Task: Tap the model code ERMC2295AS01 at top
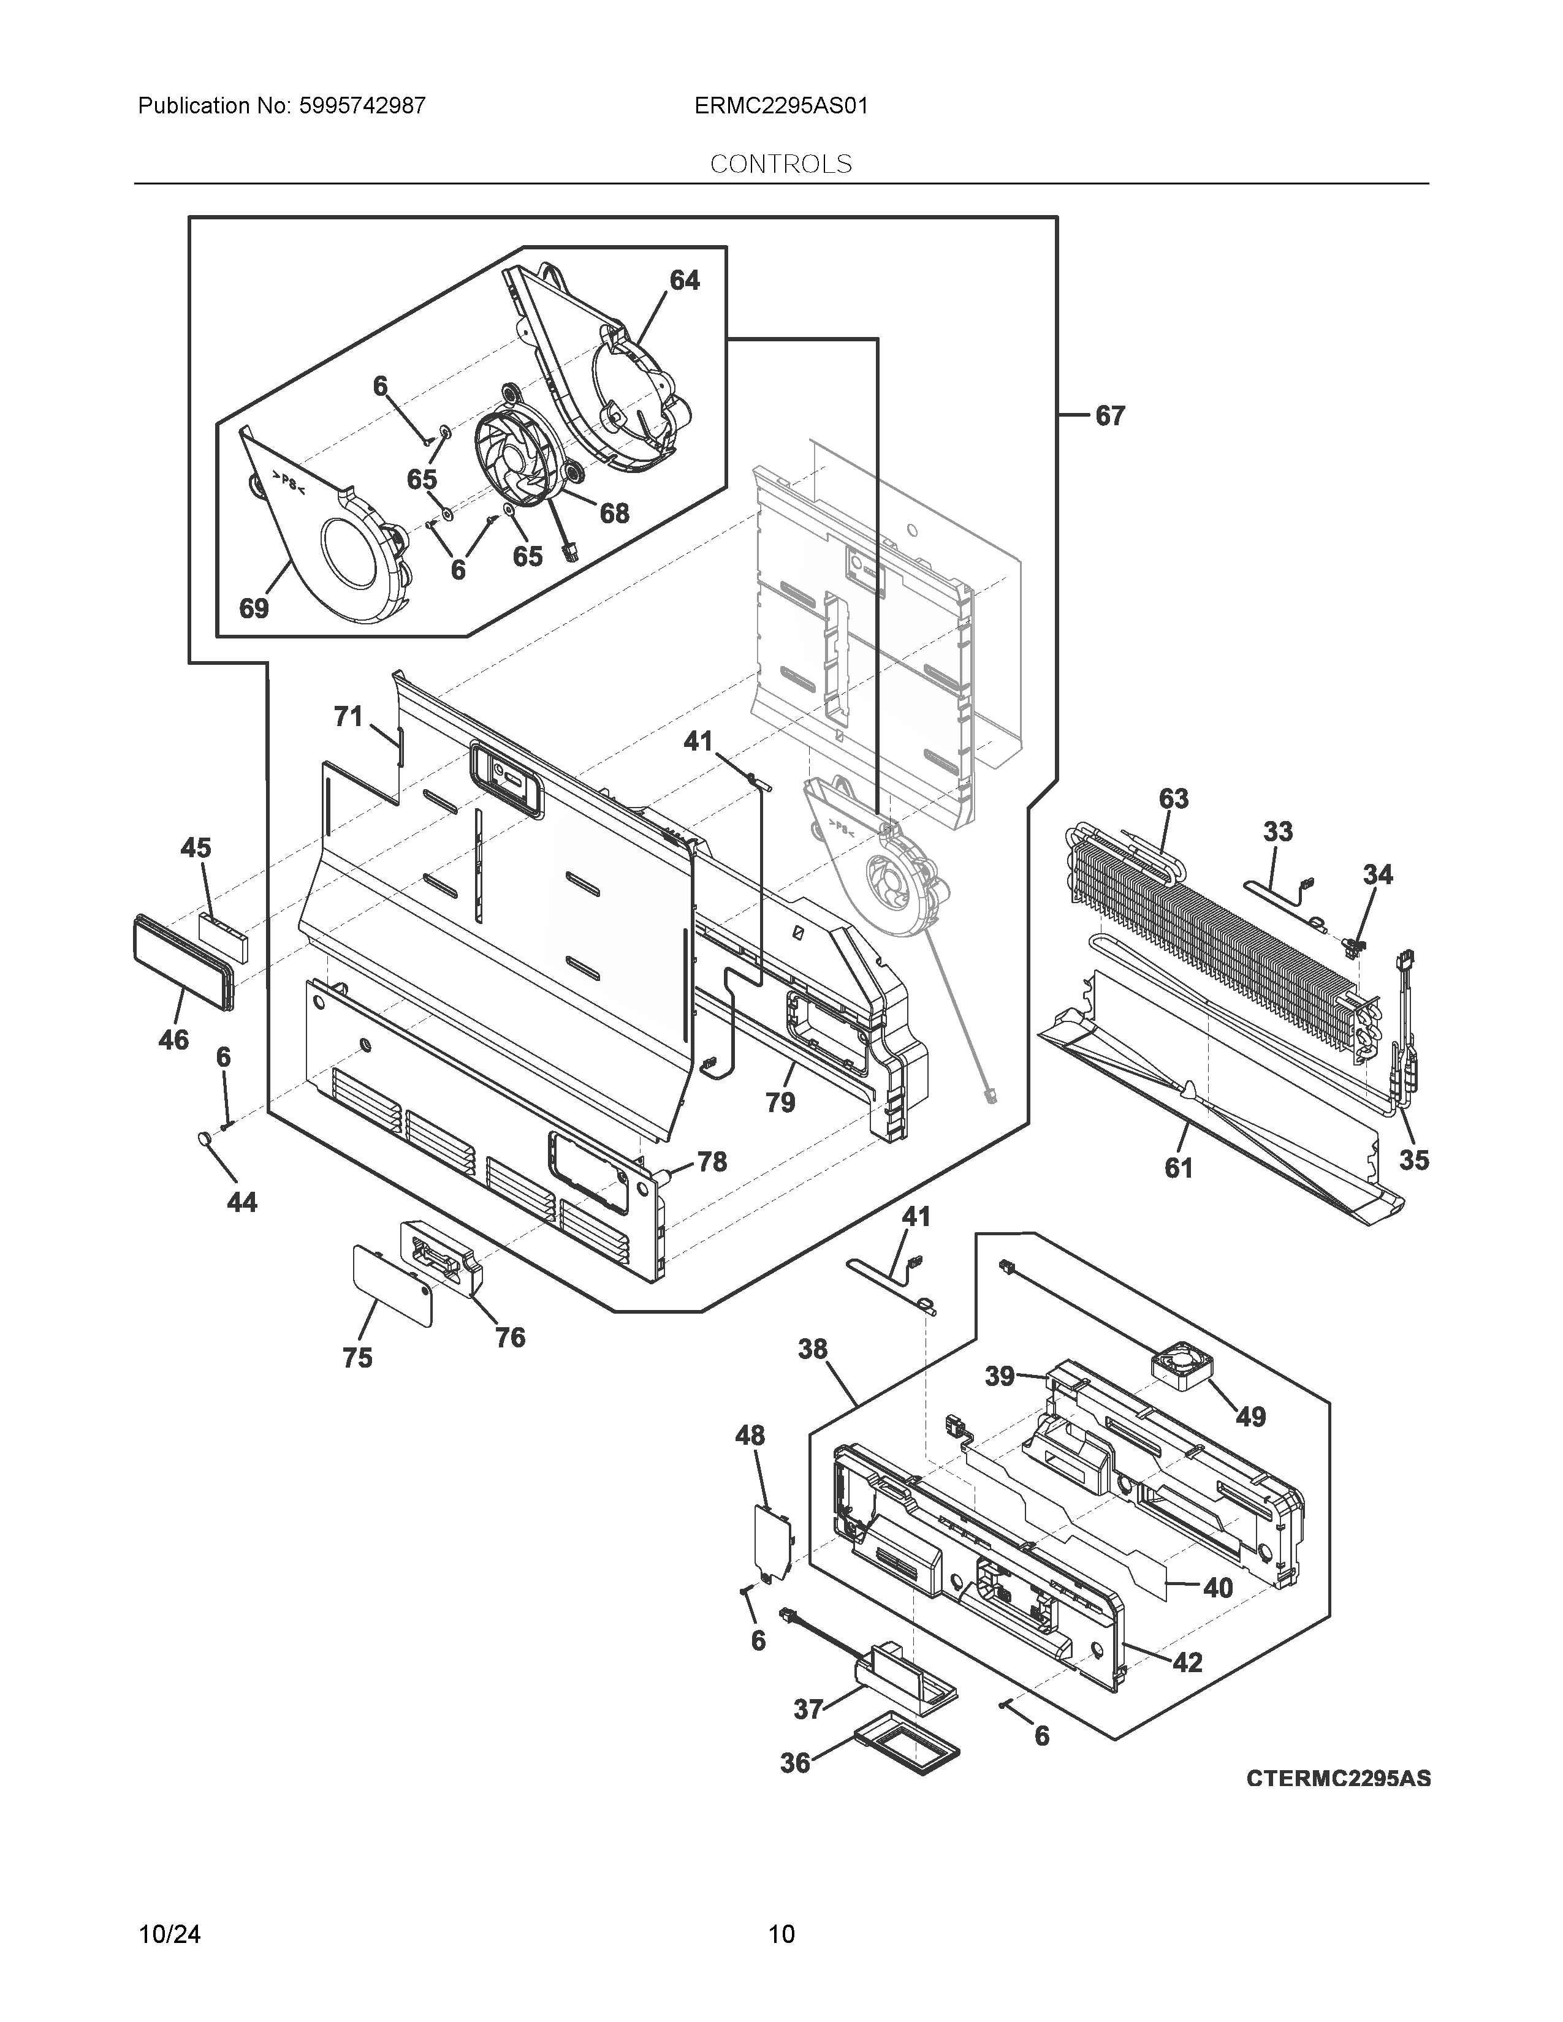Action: [780, 105]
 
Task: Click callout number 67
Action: [1109, 417]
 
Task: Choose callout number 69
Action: [254, 608]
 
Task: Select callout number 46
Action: [173, 1040]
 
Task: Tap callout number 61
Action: [1178, 1168]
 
